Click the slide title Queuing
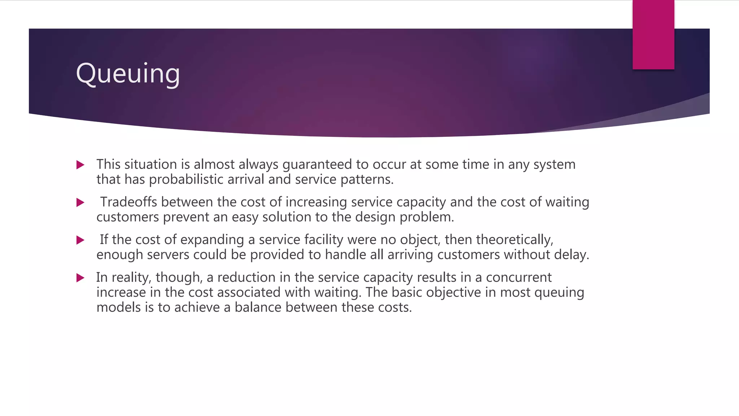point(128,74)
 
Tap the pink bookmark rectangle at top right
point(653,35)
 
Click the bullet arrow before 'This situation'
point(80,165)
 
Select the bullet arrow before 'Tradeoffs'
point(80,203)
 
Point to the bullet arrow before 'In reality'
point(80,278)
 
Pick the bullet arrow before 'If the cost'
point(80,240)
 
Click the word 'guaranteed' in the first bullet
point(317,165)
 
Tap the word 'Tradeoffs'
point(128,202)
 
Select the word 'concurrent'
point(519,277)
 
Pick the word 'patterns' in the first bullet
point(367,179)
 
